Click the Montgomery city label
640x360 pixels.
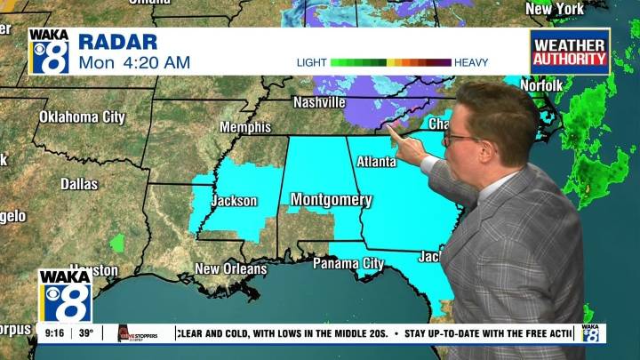tap(331, 199)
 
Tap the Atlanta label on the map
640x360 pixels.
tap(376, 162)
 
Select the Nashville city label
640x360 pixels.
tap(319, 102)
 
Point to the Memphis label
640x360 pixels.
tap(244, 127)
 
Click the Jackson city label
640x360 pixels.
tap(234, 201)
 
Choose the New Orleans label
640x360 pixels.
tap(230, 268)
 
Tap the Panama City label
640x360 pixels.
tap(348, 263)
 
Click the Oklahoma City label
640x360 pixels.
tap(82, 116)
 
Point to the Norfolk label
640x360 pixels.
tap(540, 85)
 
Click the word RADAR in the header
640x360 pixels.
tap(117, 42)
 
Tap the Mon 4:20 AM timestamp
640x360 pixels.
tap(133, 62)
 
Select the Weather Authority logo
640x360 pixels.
tap(570, 52)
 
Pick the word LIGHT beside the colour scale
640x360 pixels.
tap(311, 62)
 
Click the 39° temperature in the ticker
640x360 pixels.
tap(85, 334)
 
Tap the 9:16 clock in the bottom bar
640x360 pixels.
tap(52, 334)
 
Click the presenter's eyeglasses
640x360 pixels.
tap(460, 139)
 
